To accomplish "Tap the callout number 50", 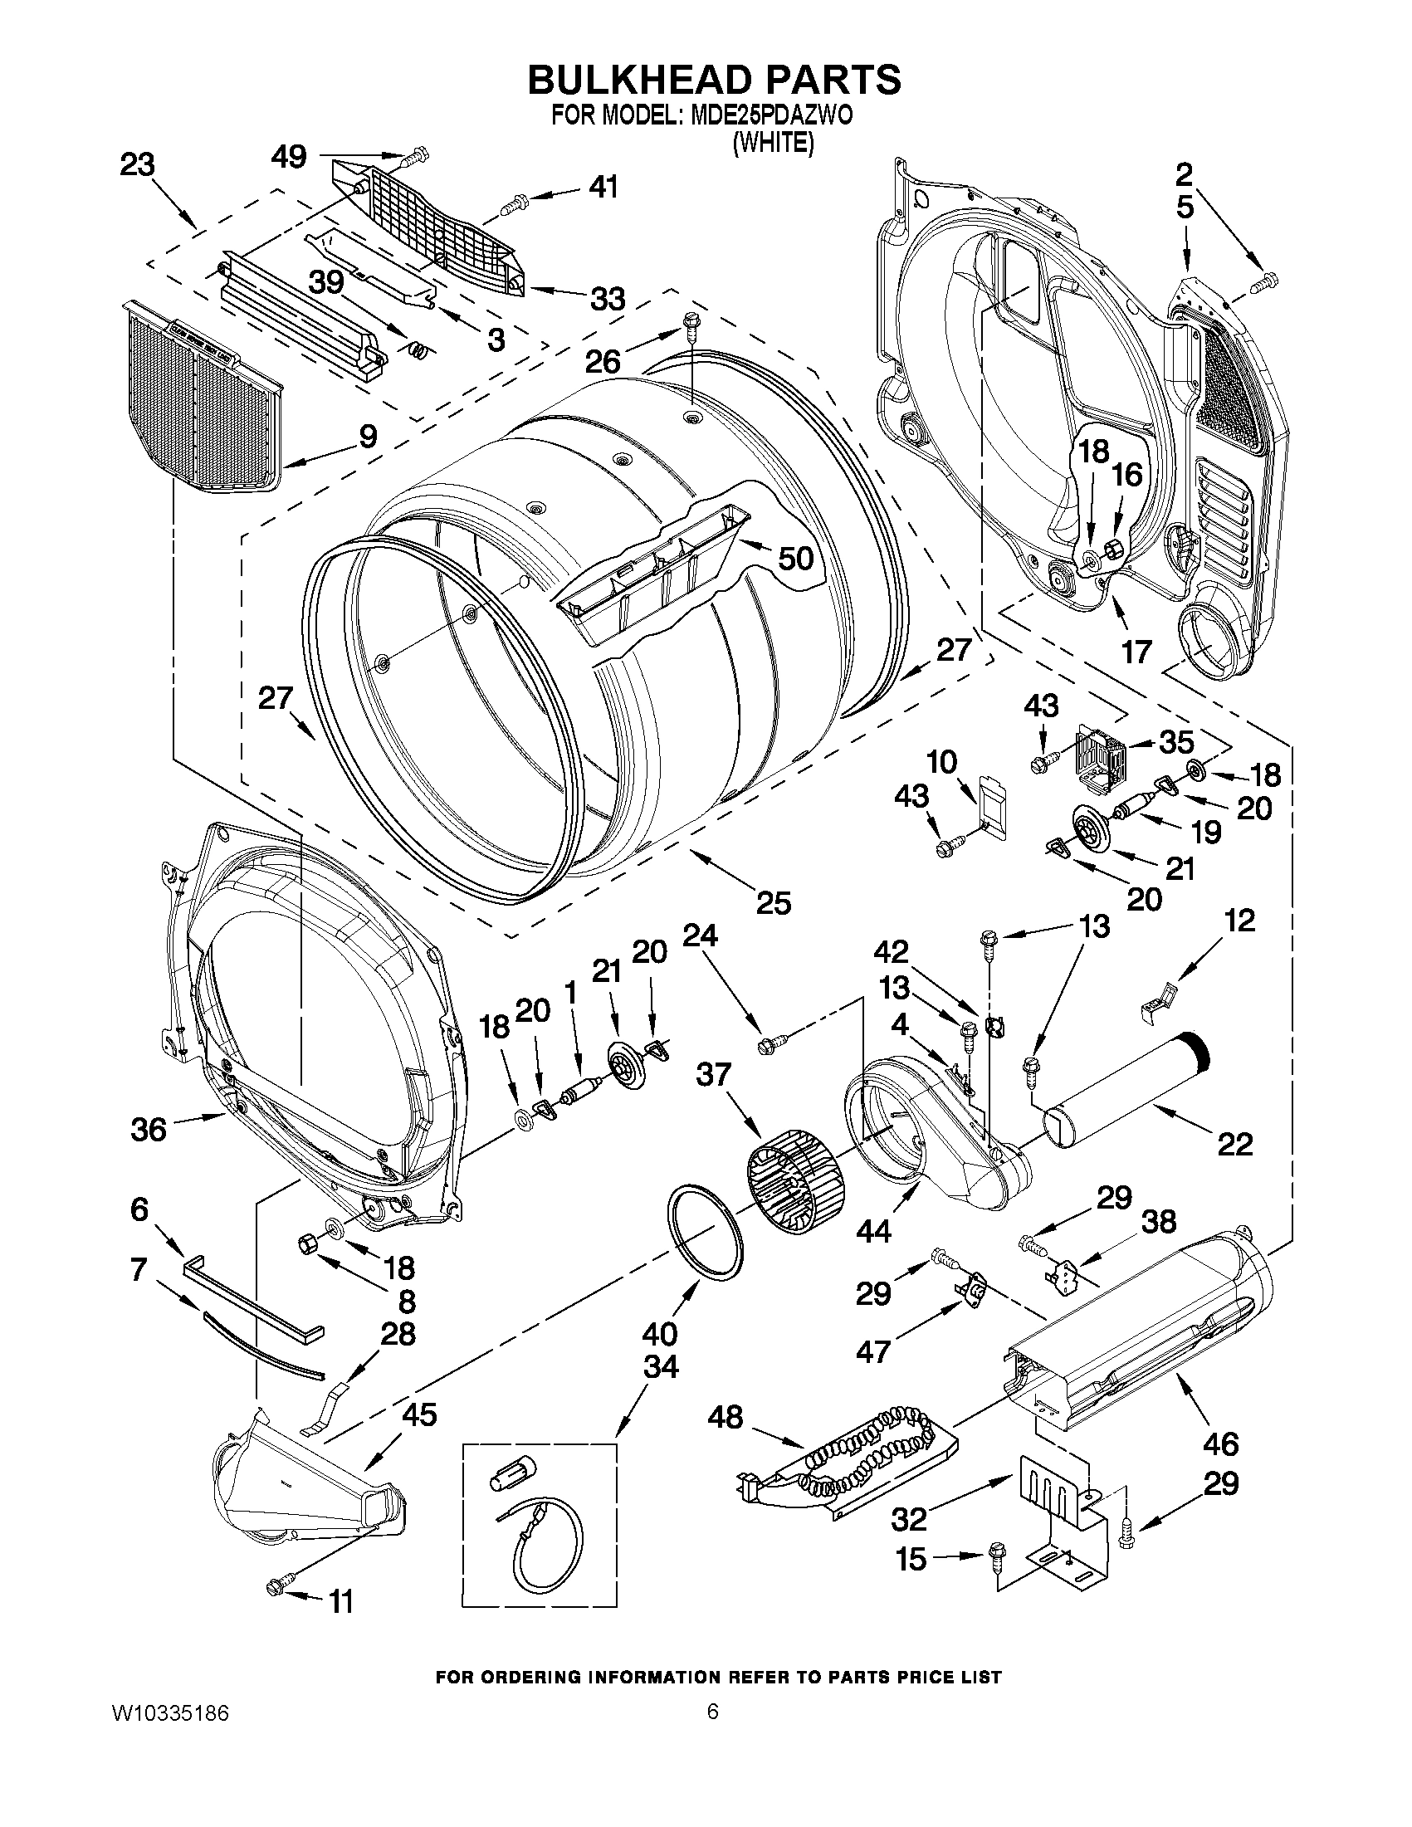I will click(795, 558).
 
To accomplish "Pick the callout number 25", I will click(773, 902).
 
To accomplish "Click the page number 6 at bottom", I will click(712, 1712).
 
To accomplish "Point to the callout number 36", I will click(149, 1130).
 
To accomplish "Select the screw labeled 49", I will click(415, 154).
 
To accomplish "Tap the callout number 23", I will click(137, 165).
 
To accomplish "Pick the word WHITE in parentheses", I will click(773, 143).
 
